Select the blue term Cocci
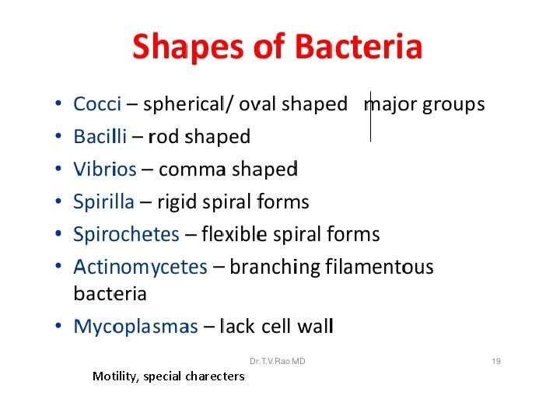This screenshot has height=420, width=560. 96,104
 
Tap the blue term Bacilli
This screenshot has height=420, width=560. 100,137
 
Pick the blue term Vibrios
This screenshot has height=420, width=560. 104,170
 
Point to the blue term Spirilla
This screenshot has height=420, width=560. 104,202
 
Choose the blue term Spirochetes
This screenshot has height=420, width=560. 126,234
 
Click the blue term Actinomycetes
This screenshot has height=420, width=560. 140,268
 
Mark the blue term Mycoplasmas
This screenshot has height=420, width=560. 135,327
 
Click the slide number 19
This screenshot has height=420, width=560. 496,362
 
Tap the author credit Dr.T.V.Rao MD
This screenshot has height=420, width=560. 277,362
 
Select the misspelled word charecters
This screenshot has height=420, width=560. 215,376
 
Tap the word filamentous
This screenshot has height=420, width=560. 380,268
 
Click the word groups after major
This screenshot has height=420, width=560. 453,104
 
